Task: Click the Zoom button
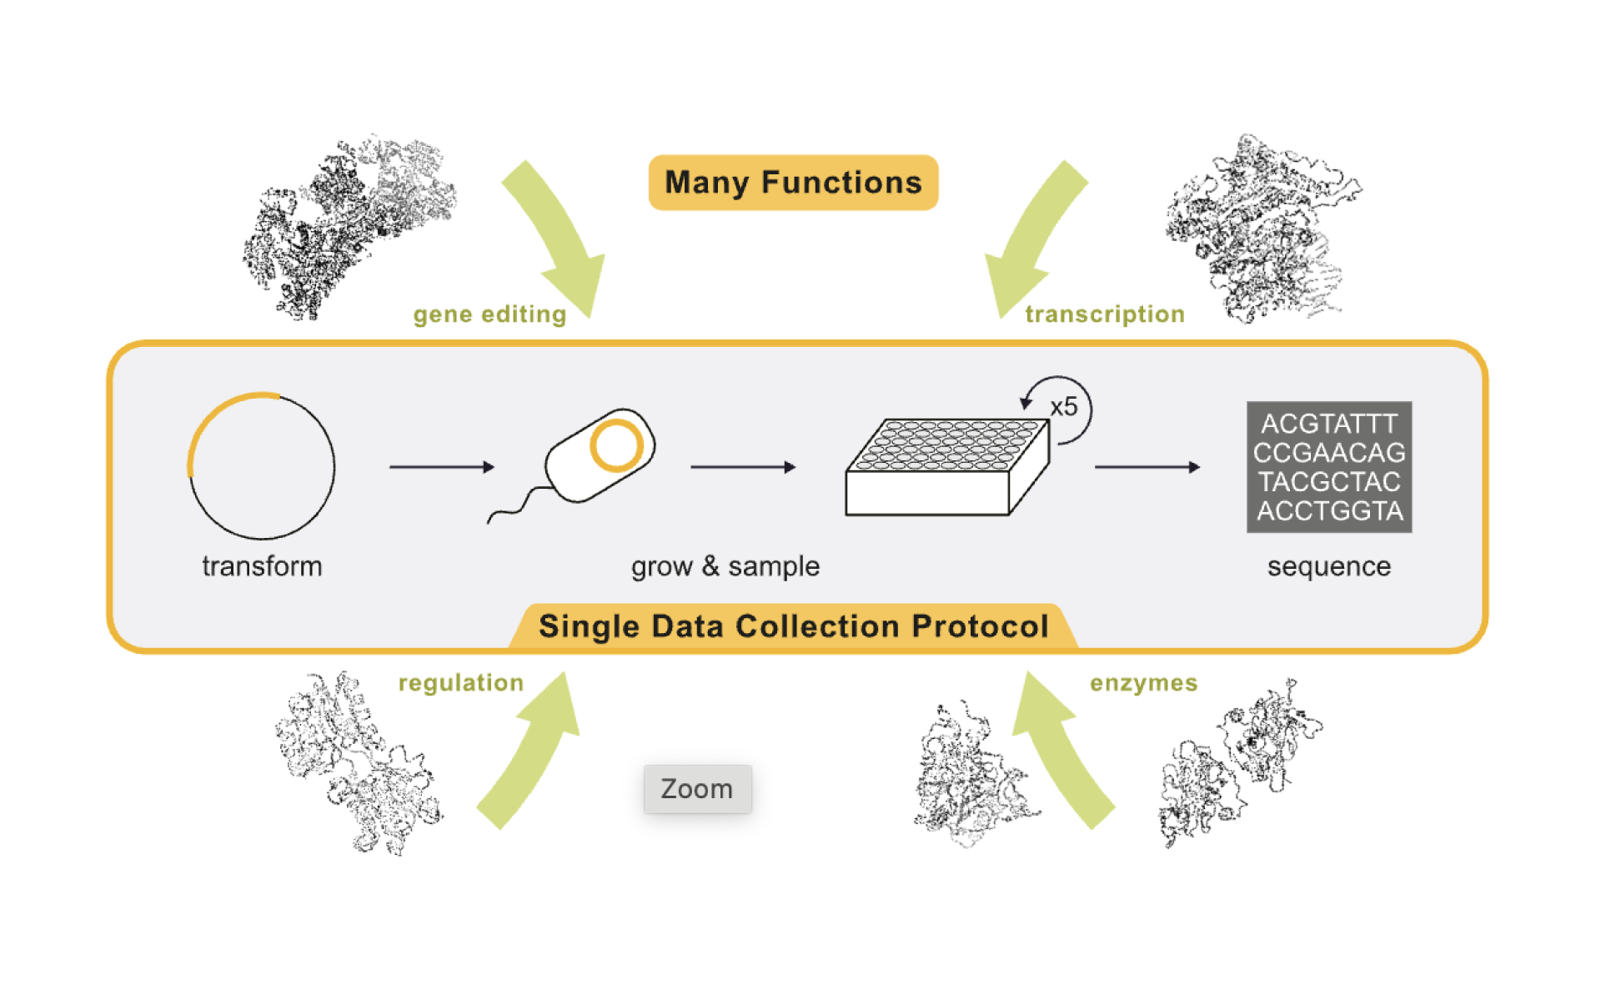point(697,788)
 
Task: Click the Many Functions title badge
point(793,182)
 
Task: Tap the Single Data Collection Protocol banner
point(793,626)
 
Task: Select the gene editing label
point(489,314)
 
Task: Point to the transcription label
point(1105,314)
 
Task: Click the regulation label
point(461,683)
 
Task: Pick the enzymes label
point(1143,683)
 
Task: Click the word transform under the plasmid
point(262,566)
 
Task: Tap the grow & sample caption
point(725,566)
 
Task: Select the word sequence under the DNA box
point(1329,566)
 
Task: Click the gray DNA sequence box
point(1329,467)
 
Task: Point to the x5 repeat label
point(1064,407)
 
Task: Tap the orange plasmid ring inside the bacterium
point(616,446)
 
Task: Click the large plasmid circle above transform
point(262,466)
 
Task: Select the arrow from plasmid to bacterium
point(441,467)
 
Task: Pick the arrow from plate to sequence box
point(1147,467)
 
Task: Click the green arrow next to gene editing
point(560,238)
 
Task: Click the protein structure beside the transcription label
point(1259,229)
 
